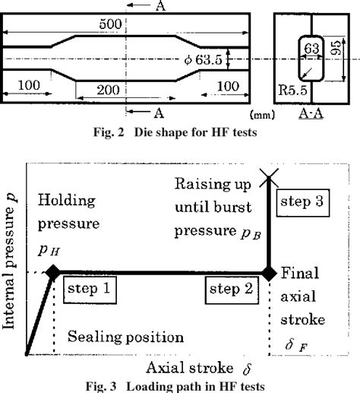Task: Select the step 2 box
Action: (x=232, y=290)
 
